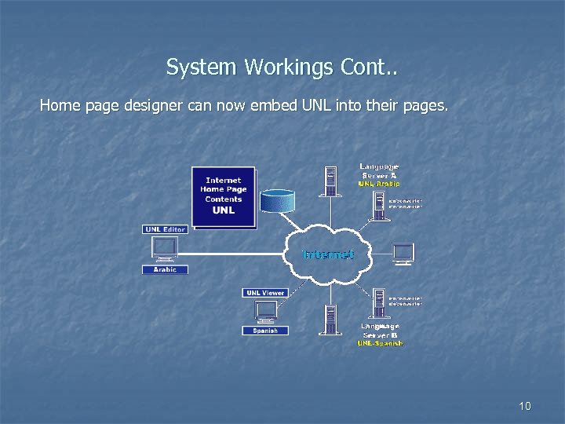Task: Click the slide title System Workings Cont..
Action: pyautogui.click(x=282, y=68)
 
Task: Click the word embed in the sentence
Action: pyautogui.click(x=270, y=104)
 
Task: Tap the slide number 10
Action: pyautogui.click(x=525, y=406)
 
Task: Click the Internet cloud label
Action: pyautogui.click(x=328, y=254)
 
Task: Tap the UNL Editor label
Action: pyautogui.click(x=165, y=229)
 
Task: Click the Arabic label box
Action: pyautogui.click(x=165, y=269)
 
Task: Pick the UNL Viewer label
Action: pyautogui.click(x=265, y=293)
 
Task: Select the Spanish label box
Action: pyautogui.click(x=264, y=331)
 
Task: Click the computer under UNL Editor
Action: pyautogui.click(x=165, y=249)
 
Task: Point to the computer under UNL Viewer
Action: pyautogui.click(x=265, y=312)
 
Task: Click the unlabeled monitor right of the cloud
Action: pyautogui.click(x=403, y=253)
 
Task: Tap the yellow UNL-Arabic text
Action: pyautogui.click(x=380, y=184)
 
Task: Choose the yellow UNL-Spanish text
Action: pyautogui.click(x=381, y=343)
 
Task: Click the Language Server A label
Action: pyautogui.click(x=380, y=170)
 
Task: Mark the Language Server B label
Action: pyautogui.click(x=381, y=331)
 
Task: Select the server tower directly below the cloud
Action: pyautogui.click(x=330, y=319)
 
